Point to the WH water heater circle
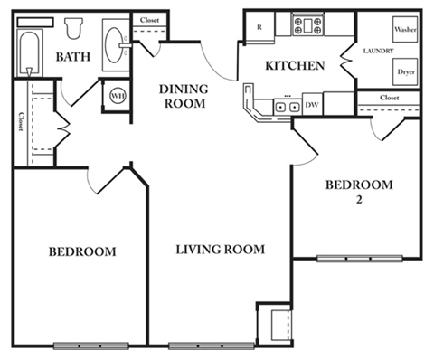click(118, 94)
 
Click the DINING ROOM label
click(185, 96)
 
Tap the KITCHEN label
click(295, 66)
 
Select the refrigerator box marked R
click(260, 26)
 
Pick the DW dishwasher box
click(311, 106)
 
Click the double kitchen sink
click(288, 107)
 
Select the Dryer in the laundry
click(406, 71)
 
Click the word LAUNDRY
click(377, 51)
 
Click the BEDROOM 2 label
click(359, 192)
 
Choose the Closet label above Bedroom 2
click(390, 97)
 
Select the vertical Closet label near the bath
click(20, 122)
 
